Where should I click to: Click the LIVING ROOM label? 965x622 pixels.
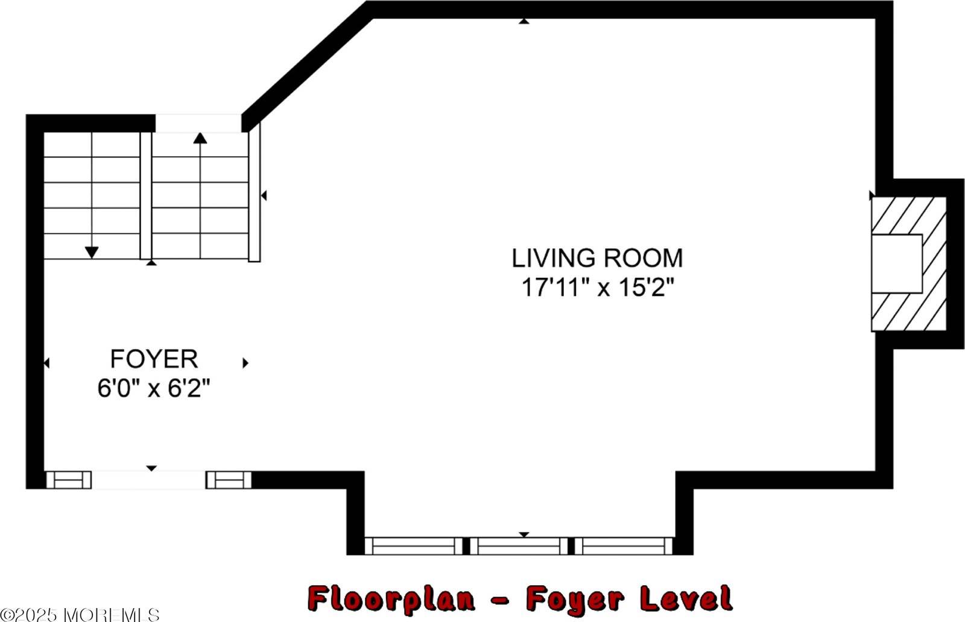[597, 258]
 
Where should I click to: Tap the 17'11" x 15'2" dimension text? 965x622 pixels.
[598, 287]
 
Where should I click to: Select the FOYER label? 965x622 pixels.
[154, 359]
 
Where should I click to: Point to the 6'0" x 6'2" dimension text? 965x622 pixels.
[153, 388]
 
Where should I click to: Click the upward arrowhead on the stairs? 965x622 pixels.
[200, 138]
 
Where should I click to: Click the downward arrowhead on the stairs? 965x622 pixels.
[91, 253]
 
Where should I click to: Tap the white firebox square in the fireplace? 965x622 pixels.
[897, 264]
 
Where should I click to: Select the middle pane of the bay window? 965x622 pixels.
[519, 546]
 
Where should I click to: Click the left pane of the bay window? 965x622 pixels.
[414, 546]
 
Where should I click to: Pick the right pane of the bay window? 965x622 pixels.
[624, 546]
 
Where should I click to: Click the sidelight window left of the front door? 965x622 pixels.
[69, 480]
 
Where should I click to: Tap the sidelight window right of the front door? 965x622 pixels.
[229, 480]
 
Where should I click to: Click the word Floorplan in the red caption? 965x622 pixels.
[391, 599]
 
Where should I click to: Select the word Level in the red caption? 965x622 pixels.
[686, 598]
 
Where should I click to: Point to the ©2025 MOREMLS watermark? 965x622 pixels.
[80, 614]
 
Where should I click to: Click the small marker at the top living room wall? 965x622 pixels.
[524, 21]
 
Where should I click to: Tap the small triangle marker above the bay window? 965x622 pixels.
[524, 535]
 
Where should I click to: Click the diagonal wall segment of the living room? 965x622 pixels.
[307, 67]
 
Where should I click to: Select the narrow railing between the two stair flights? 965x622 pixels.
[145, 195]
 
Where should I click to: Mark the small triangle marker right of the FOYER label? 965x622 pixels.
[245, 363]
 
